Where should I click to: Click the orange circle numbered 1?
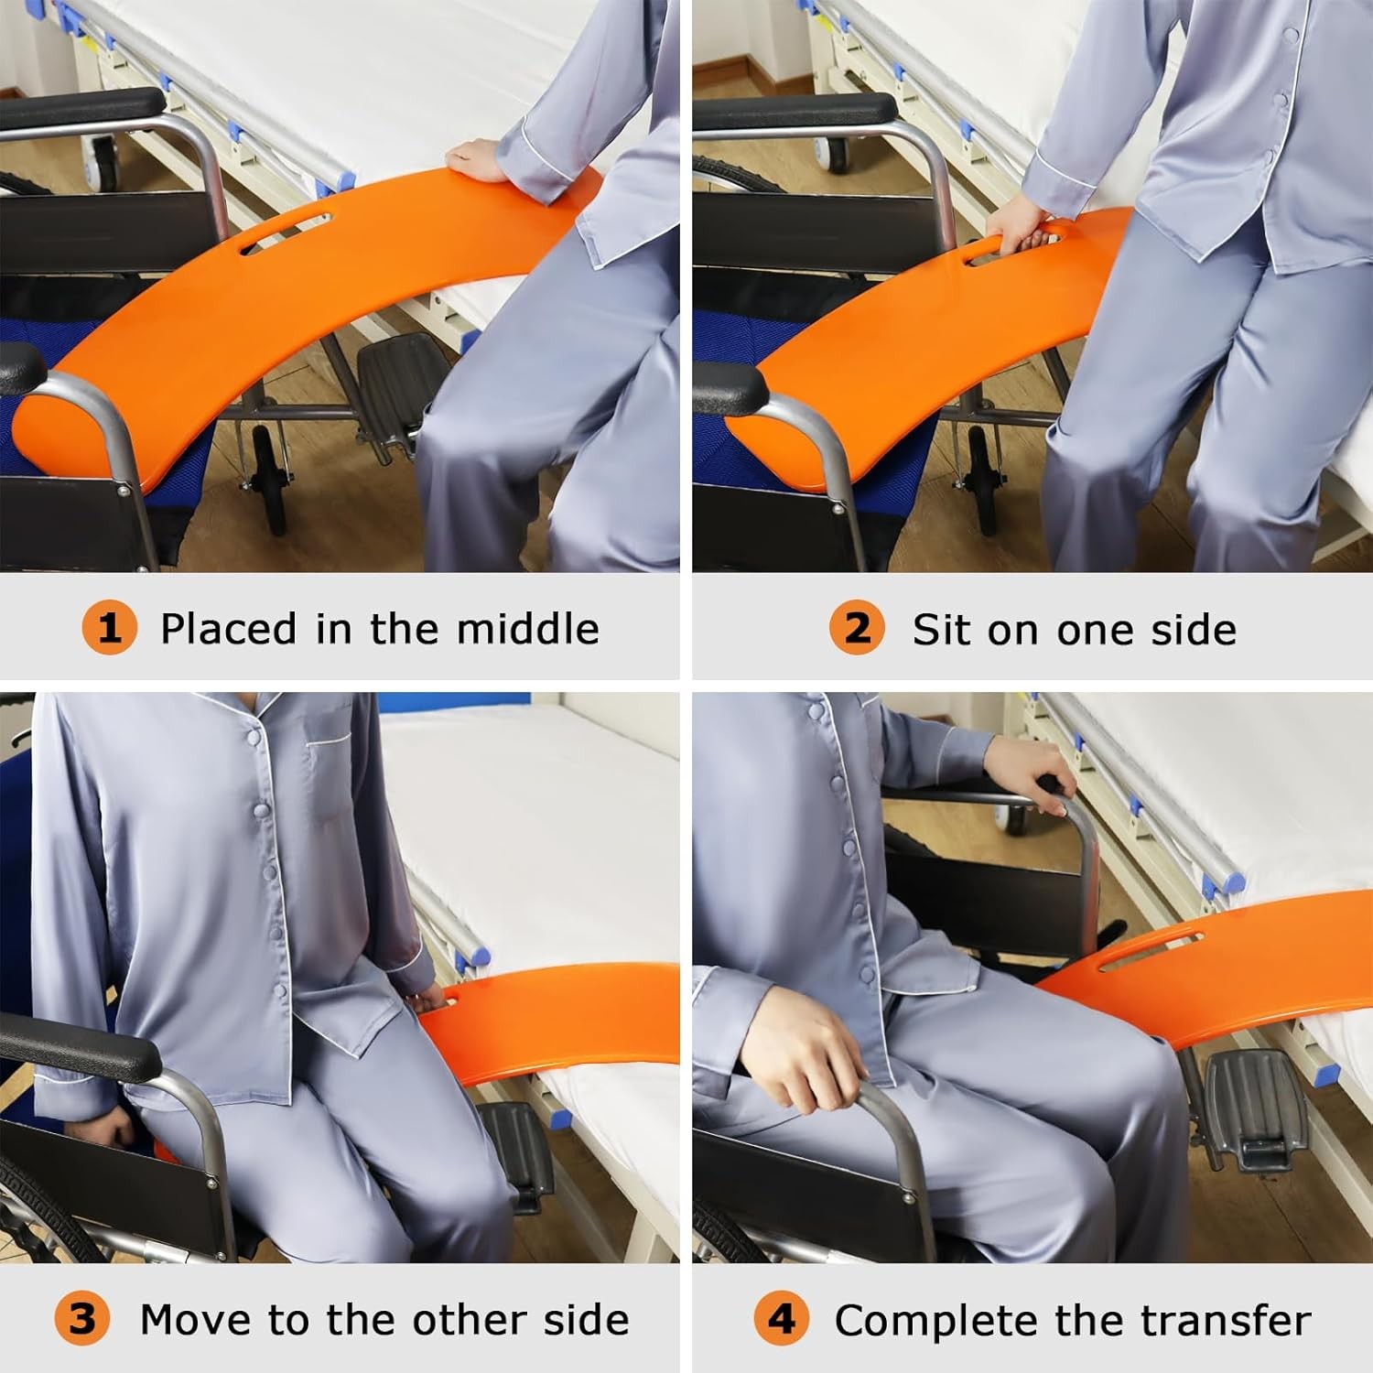pyautogui.click(x=109, y=628)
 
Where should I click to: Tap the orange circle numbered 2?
pyautogui.click(x=857, y=628)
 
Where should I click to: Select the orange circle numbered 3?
pyautogui.click(x=81, y=1319)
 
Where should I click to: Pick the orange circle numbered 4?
pyautogui.click(x=782, y=1319)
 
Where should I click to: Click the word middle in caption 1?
pyautogui.click(x=527, y=628)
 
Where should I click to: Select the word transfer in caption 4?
pyautogui.click(x=1229, y=1320)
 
